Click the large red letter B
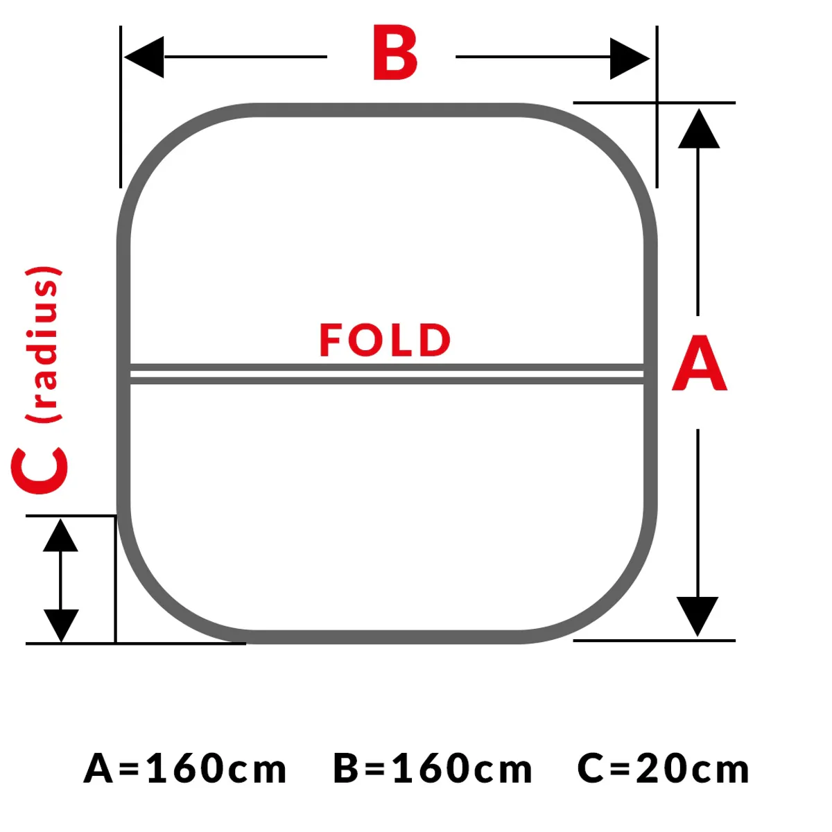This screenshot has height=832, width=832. pos(395,53)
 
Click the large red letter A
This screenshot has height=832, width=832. pos(700,363)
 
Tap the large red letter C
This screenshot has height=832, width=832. pos(40,470)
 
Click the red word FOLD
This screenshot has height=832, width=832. pos(385,340)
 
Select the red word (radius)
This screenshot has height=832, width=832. pos(43,344)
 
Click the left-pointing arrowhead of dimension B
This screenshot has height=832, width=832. pos(144,57)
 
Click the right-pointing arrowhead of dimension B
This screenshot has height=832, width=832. pos(630,59)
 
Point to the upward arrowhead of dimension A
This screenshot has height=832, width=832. pos(699,128)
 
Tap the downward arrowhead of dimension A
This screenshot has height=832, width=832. pos(697,616)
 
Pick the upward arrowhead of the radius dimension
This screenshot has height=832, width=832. pos(60,535)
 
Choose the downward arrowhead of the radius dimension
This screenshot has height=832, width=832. pos(61,625)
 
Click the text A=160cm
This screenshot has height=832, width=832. pos(185,769)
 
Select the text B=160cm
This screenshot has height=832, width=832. pos(433,769)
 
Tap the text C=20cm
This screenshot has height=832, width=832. pos(664,769)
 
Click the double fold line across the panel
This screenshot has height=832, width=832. pos(387,374)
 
